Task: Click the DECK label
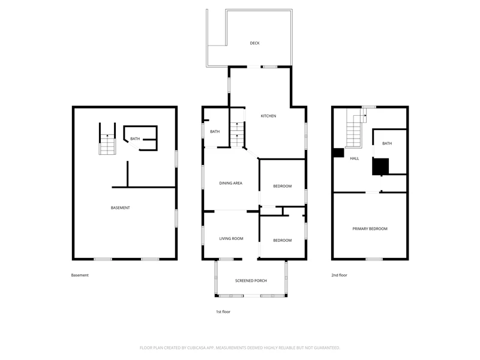tap(254, 43)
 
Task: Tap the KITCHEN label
tap(268, 116)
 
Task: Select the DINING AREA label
tap(231, 184)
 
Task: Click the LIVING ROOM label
tap(231, 239)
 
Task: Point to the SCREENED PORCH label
tap(251, 281)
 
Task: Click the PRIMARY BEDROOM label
tap(370, 229)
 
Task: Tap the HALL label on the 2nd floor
tap(355, 158)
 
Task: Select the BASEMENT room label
tap(121, 208)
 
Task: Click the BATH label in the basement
tap(135, 139)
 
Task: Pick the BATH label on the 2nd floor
tap(387, 143)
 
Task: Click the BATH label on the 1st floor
tap(215, 131)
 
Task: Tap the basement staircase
tap(107, 144)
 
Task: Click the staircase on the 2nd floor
tap(356, 128)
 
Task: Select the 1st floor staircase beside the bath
tap(237, 134)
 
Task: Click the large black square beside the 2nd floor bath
tap(380, 167)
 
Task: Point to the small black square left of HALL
tap(338, 153)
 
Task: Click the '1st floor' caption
tap(223, 312)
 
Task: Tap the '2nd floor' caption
tap(339, 275)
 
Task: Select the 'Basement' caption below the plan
tap(80, 275)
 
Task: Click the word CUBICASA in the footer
tap(199, 348)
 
